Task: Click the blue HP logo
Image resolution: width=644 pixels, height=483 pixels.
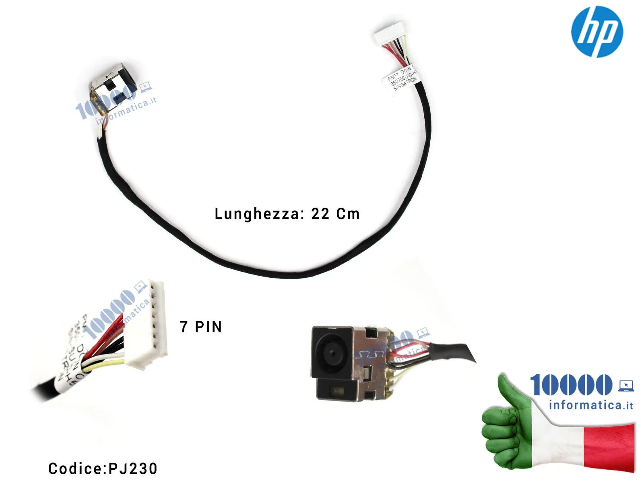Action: [x=597, y=31]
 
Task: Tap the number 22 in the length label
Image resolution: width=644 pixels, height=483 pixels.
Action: [x=320, y=214]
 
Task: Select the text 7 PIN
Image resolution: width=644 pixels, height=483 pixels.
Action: [x=201, y=327]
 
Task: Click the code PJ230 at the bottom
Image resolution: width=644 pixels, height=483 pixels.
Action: [x=133, y=469]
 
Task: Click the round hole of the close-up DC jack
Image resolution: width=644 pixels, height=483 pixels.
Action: [x=332, y=353]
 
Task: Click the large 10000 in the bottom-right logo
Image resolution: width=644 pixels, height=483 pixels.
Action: [x=571, y=385]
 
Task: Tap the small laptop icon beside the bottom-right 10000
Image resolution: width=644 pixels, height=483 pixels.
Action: [x=626, y=386]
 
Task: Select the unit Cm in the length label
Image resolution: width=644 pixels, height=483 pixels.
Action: [x=348, y=214]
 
